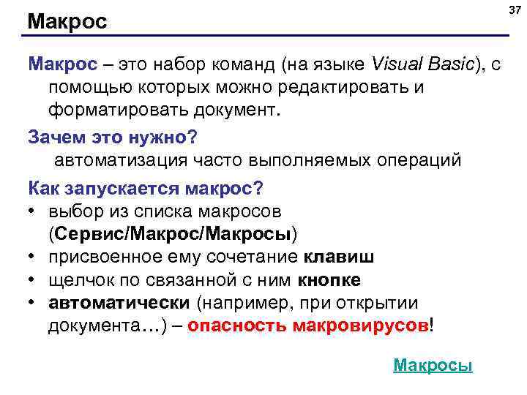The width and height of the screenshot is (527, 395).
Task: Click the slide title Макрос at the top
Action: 67,22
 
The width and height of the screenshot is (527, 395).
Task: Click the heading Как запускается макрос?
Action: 146,187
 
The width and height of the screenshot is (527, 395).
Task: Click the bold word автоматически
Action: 119,303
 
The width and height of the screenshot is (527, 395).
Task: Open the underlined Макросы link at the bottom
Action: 433,365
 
